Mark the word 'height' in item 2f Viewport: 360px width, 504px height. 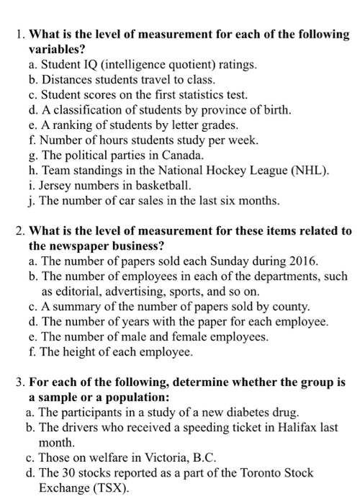tap(81, 352)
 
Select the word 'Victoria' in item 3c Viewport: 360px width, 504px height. tap(161, 458)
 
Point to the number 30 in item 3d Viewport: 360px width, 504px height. tap(71, 473)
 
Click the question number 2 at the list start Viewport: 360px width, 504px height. tap(19, 231)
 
